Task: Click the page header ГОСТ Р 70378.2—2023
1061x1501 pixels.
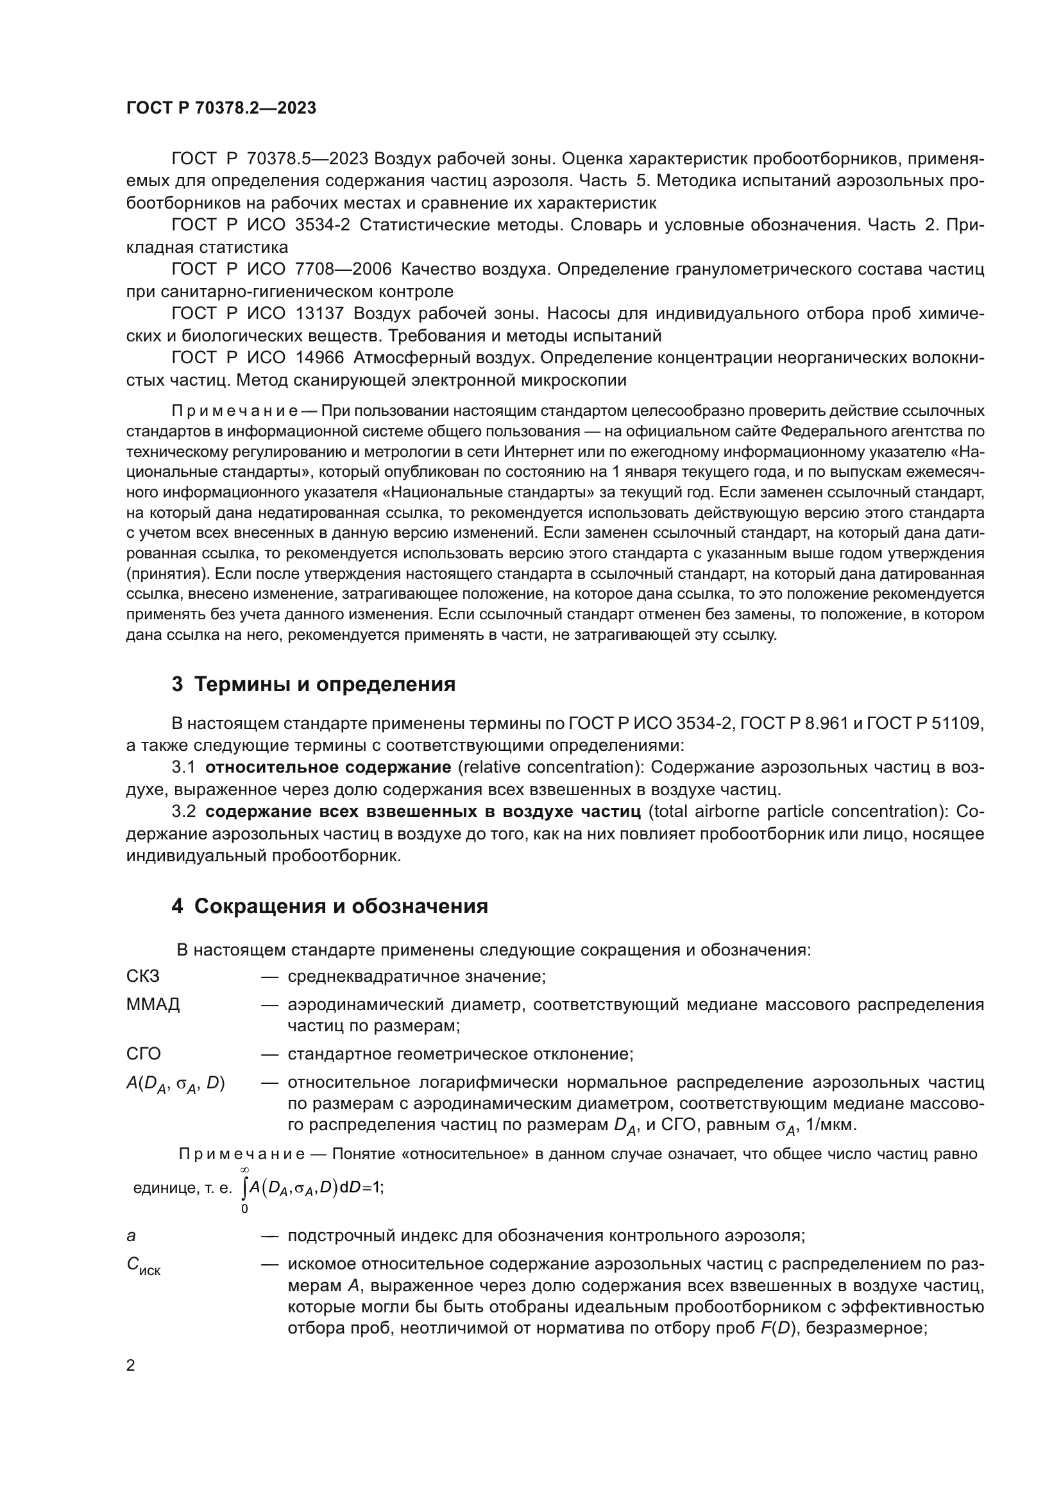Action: pos(221,108)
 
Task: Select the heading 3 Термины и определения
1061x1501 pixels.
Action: pos(314,685)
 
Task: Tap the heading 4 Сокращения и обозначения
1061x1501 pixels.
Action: pos(330,906)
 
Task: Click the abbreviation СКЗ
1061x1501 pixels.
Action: pos(142,976)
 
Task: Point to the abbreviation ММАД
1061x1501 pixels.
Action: pos(153,1004)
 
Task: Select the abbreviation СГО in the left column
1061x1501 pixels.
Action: pos(143,1054)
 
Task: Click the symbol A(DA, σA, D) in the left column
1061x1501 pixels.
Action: pos(175,1084)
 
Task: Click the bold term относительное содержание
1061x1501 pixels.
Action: pos(328,767)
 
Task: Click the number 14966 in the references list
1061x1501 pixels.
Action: pos(319,357)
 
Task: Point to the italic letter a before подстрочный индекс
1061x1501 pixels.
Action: pos(131,1235)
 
